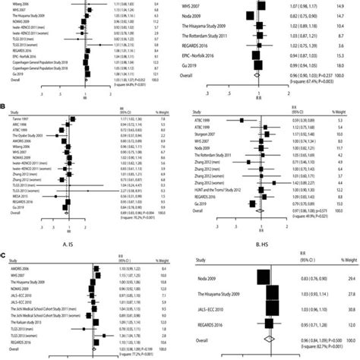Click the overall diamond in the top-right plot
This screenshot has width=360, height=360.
pyautogui.click(x=261, y=77)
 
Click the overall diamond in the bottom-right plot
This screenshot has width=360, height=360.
pyautogui.click(x=277, y=343)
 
